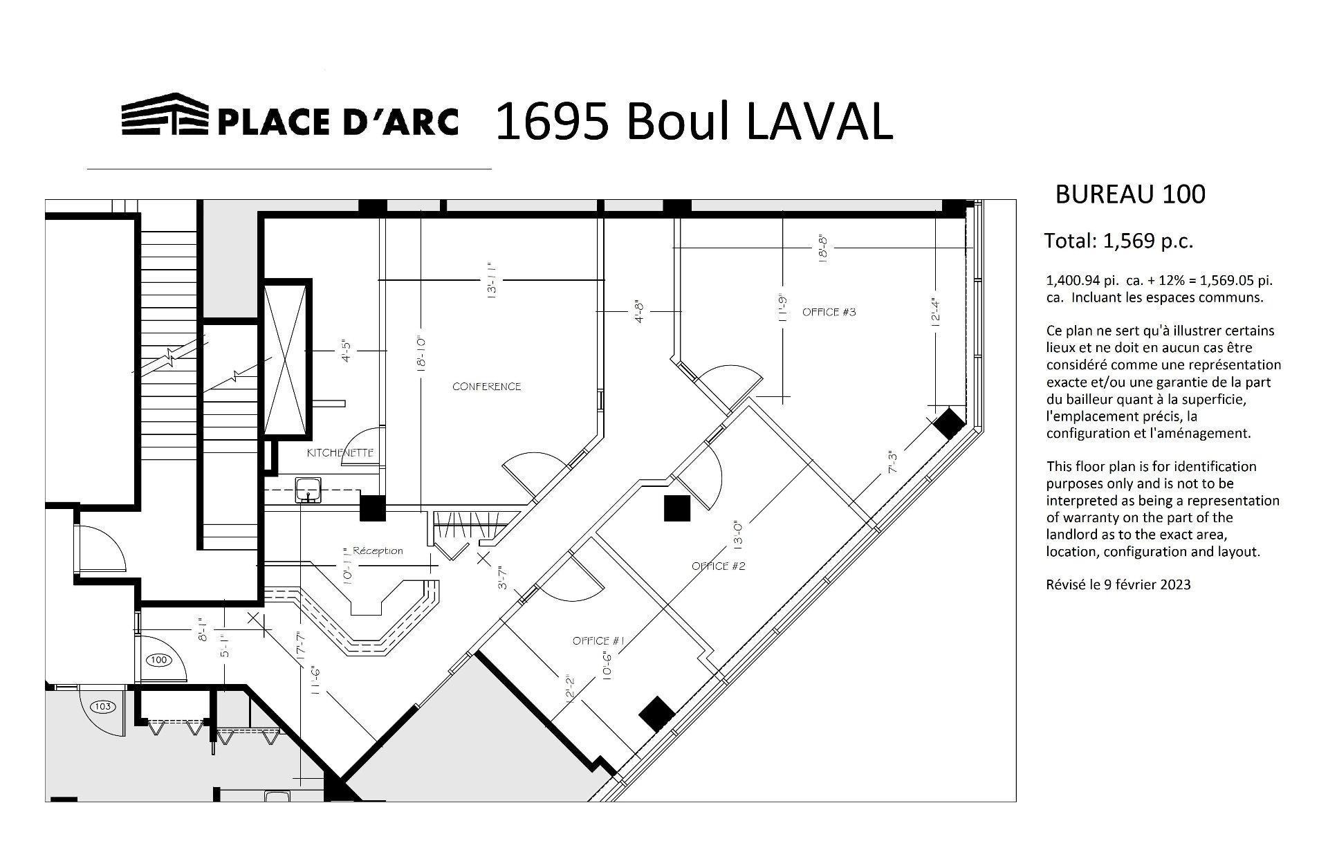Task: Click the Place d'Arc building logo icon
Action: pos(165,114)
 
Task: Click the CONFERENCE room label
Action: pos(486,386)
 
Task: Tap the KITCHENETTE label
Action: pos(340,452)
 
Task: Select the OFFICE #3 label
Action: pos(829,312)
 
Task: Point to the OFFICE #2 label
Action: pos(719,566)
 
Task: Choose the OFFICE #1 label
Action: pos(599,641)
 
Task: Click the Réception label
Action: pos(377,551)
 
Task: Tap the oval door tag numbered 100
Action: pos(159,660)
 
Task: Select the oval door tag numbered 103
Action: pos(102,706)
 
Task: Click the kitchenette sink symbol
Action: pos(308,488)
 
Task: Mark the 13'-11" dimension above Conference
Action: pos(492,279)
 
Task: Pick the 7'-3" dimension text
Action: pos(892,462)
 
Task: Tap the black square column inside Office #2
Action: pos(677,508)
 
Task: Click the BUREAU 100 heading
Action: pos(1130,194)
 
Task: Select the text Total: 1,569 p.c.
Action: pos(1118,241)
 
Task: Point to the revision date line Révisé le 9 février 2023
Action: pos(1118,584)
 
